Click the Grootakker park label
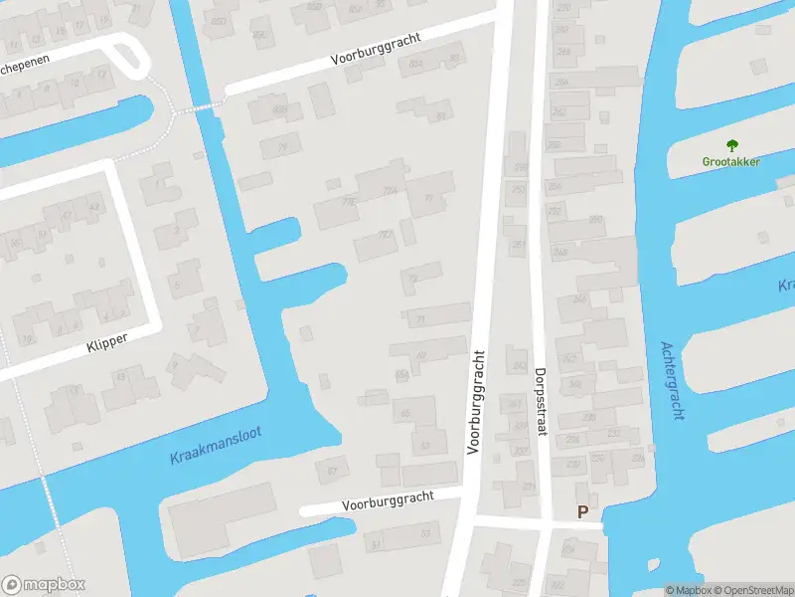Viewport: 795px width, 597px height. (x=732, y=161)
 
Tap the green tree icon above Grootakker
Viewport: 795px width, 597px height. (x=732, y=145)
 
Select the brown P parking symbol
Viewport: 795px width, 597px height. (x=583, y=511)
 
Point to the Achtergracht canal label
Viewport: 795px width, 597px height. (x=673, y=381)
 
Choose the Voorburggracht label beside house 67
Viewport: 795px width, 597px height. (x=389, y=501)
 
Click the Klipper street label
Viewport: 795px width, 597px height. (x=106, y=341)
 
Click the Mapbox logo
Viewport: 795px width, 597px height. (x=43, y=584)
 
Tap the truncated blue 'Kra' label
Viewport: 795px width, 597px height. (x=785, y=287)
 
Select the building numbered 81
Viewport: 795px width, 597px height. (x=439, y=114)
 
